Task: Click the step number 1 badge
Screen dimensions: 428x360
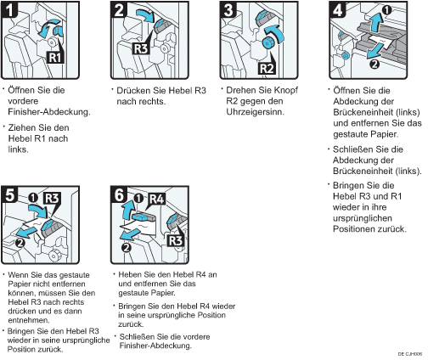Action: pyautogui.click(x=9, y=9)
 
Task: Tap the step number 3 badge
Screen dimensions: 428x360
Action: pyautogui.click(x=228, y=9)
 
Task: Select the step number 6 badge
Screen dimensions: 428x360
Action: pyautogui.click(x=119, y=194)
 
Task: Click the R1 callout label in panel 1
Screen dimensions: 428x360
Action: pyautogui.click(x=55, y=58)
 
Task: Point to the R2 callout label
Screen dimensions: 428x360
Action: pyautogui.click(x=267, y=68)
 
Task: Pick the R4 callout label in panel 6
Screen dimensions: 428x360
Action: pyautogui.click(x=156, y=199)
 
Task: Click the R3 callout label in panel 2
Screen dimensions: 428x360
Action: pyautogui.click(x=141, y=48)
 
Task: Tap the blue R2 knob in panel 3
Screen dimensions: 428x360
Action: pyautogui.click(x=267, y=43)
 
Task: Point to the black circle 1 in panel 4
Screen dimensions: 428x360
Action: pyautogui.click(x=386, y=10)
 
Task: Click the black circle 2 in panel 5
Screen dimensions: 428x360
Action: pyautogui.click(x=20, y=243)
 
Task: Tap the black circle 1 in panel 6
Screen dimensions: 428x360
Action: pyautogui.click(x=138, y=199)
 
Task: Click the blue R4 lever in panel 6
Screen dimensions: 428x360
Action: pyautogui.click(x=144, y=217)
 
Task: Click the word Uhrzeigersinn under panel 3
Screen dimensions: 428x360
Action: pyautogui.click(x=255, y=112)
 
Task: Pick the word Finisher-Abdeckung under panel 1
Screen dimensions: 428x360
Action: pyautogui.click(x=49, y=112)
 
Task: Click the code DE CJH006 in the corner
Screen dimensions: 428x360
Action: pyautogui.click(x=410, y=354)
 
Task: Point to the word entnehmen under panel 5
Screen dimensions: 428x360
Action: pyautogui.click(x=29, y=320)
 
